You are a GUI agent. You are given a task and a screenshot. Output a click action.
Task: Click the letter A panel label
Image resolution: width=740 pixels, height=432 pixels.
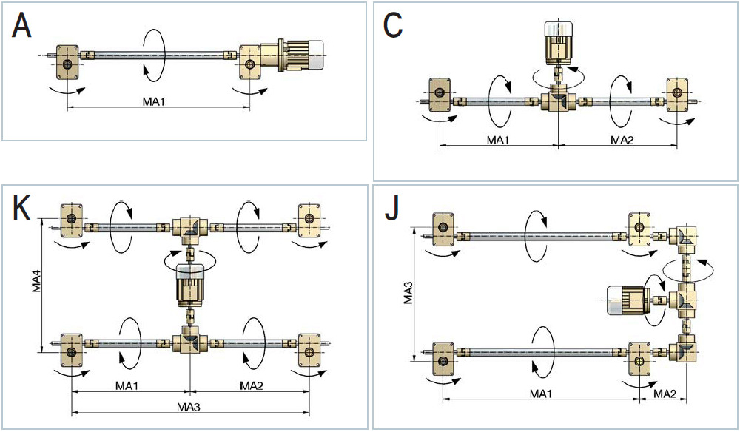pos(21,26)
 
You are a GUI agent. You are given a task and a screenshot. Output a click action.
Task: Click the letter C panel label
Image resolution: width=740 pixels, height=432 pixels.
pos(393,26)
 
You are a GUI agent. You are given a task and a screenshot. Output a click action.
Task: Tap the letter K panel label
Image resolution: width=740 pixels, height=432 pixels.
pos(21,208)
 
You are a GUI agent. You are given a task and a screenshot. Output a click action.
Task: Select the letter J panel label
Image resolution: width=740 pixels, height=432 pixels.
pos(392,209)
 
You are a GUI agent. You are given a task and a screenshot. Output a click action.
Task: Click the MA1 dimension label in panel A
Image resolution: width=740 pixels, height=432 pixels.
pos(155,101)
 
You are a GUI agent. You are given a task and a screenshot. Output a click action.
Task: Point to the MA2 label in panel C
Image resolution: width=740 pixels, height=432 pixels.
pos(622,140)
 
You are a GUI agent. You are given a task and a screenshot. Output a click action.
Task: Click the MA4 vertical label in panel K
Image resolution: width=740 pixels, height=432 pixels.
pos(38,280)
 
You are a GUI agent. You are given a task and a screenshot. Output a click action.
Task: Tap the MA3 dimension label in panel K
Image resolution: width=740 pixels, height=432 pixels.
pos(189,407)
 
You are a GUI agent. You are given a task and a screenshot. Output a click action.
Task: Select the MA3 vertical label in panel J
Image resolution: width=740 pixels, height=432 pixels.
pos(408,292)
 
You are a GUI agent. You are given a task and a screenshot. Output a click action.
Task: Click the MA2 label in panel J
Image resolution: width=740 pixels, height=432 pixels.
pos(664,394)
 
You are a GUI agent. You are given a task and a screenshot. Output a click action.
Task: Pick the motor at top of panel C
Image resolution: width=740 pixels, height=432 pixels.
pos(558,43)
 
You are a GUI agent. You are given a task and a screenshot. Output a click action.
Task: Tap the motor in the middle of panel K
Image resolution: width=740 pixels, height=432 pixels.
pos(189,286)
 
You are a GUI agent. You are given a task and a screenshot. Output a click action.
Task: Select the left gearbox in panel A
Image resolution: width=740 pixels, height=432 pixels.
pos(68,62)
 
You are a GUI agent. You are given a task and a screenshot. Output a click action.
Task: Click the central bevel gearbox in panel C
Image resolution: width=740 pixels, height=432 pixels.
pos(558,99)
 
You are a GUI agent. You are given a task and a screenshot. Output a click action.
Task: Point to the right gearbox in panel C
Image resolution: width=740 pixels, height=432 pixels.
pos(678,95)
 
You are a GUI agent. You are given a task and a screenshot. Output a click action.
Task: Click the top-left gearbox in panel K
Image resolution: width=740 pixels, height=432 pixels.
pos(72,220)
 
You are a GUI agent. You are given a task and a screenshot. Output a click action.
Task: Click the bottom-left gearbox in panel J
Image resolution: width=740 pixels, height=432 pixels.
pos(443,359)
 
